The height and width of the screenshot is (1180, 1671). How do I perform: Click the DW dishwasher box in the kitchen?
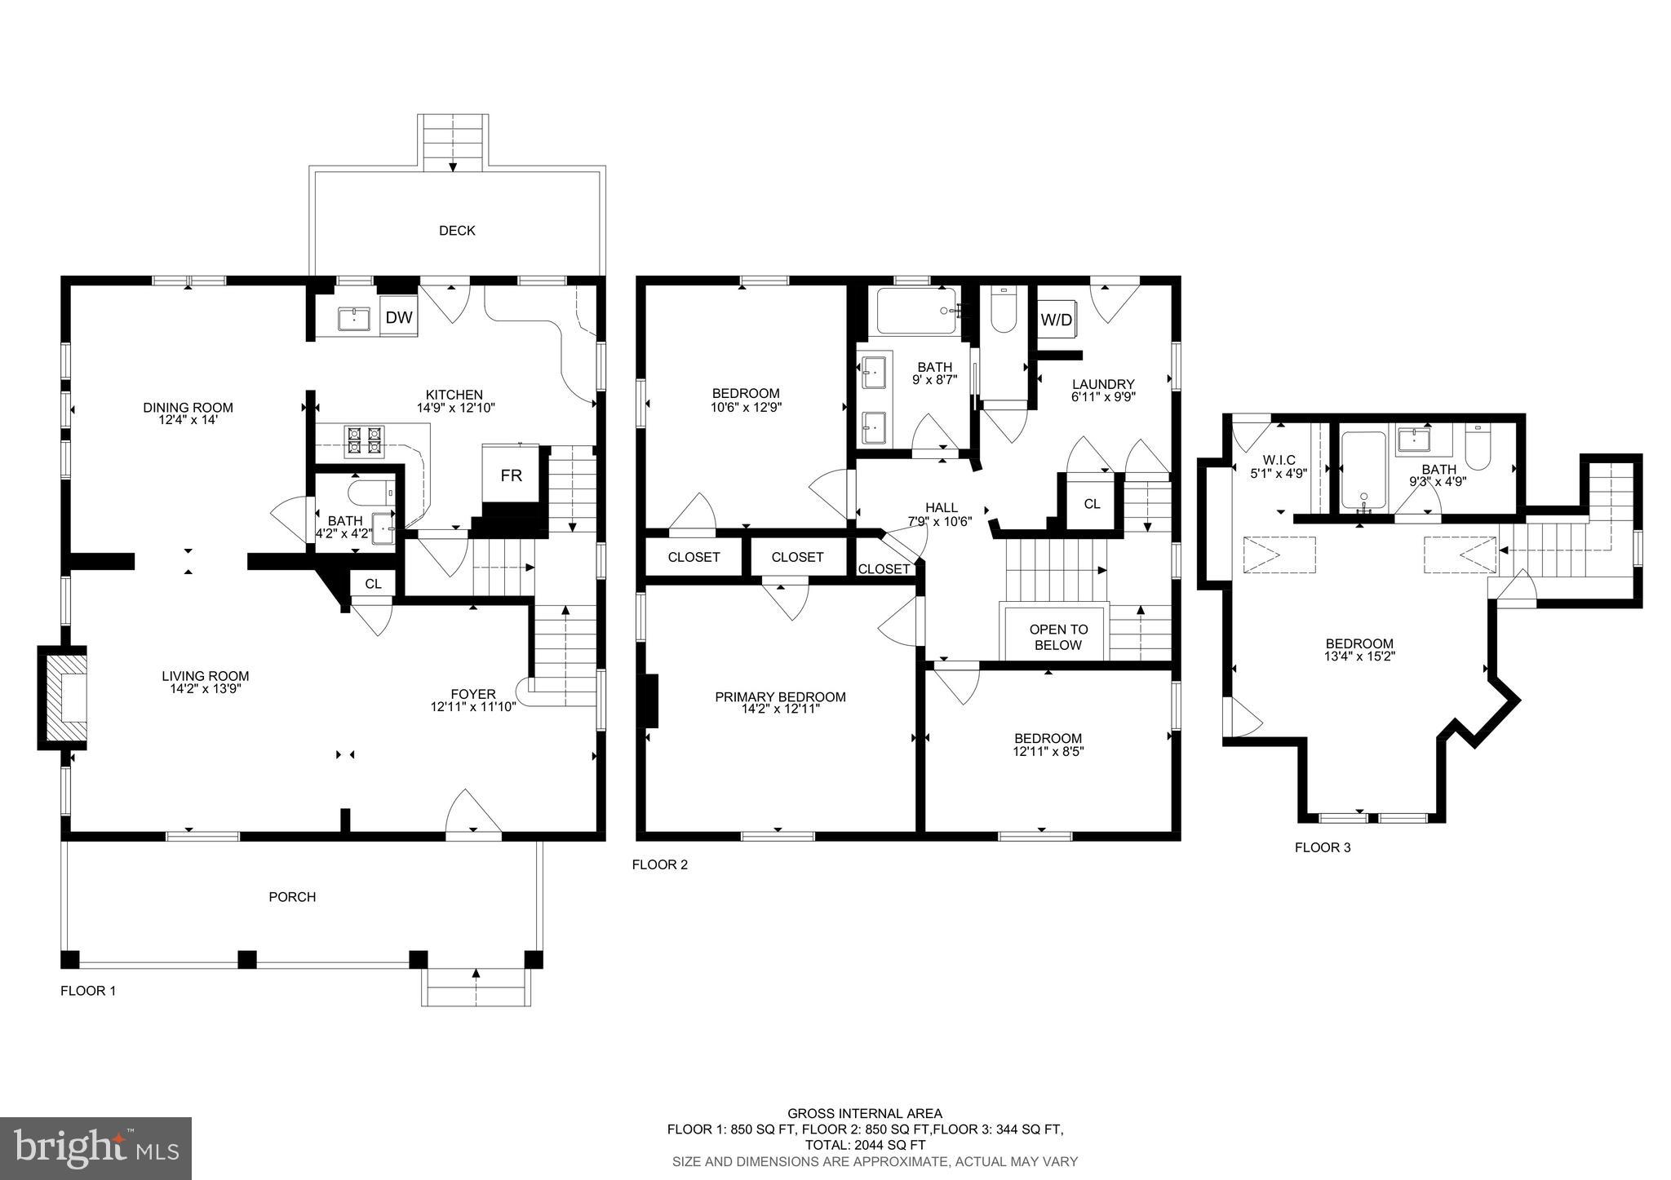399,318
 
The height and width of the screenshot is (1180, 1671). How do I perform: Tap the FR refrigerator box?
511,475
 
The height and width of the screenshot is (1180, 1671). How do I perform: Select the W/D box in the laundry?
1056,320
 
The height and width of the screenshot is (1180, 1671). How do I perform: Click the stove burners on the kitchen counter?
365,440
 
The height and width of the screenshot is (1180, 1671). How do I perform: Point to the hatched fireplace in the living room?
65,698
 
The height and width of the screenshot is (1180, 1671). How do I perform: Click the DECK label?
457,231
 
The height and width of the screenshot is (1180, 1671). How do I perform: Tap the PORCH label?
292,897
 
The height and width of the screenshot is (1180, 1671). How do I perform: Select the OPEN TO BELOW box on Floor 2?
1058,637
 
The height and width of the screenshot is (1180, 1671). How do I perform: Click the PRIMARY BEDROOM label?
780,697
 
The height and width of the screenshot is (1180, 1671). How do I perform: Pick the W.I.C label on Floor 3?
1279,461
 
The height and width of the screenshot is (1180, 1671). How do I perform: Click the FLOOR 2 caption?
660,864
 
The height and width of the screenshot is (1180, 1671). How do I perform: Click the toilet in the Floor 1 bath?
372,493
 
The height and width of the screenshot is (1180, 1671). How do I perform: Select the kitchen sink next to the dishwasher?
353,318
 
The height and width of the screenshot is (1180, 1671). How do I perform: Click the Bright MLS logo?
95,1149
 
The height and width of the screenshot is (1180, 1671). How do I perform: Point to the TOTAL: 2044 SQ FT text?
865,1145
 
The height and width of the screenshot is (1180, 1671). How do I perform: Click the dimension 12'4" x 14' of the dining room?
188,421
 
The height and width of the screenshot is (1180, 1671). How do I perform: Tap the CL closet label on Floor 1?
373,584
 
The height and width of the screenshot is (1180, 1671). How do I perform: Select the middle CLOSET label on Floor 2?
797,558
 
